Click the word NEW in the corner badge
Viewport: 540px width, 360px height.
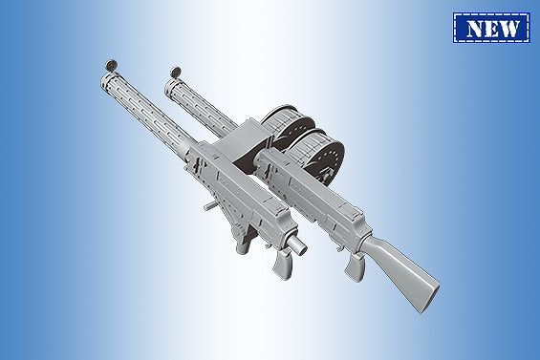[493, 28]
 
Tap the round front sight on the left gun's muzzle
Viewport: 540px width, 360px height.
[108, 64]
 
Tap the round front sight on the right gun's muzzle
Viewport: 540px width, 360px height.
[174, 74]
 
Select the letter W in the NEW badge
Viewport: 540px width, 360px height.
[514, 28]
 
